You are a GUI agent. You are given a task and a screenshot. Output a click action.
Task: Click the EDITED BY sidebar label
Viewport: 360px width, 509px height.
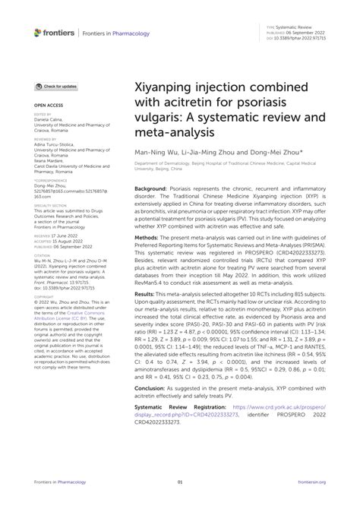tap(41, 116)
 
